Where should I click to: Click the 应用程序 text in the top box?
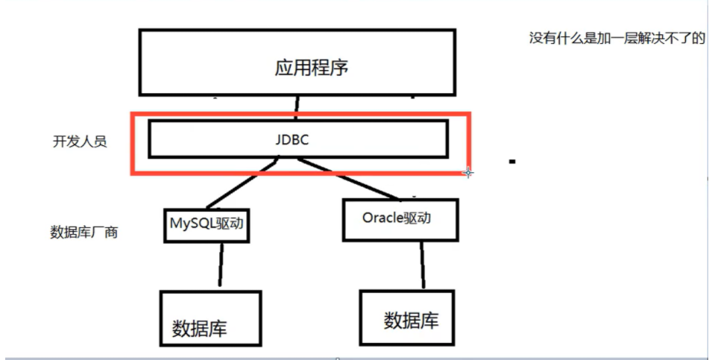(x=312, y=69)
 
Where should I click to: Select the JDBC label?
(x=297, y=139)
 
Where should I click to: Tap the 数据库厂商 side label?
(x=83, y=232)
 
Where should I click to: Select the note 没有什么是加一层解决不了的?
(x=616, y=38)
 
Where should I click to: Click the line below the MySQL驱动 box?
(x=220, y=265)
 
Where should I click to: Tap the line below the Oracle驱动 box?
(x=422, y=265)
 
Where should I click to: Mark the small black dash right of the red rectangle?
(x=512, y=160)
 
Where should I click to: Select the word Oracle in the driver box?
(x=382, y=218)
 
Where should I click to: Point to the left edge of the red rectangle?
(x=133, y=143)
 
